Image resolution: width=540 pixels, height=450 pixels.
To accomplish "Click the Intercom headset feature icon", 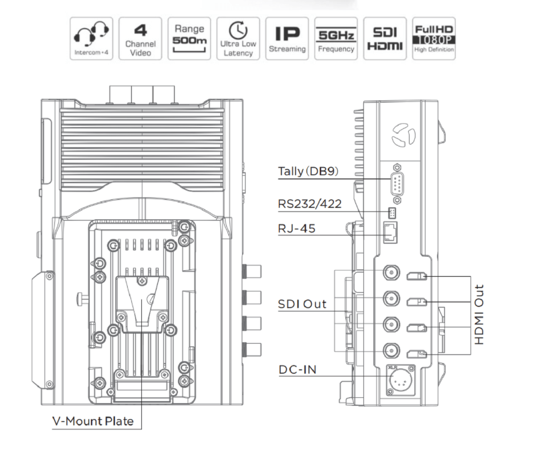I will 91,38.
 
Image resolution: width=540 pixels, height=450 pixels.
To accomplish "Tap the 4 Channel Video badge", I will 141,38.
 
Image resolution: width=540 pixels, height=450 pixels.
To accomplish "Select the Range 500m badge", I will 189,38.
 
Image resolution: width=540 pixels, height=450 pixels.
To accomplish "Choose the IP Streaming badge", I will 287,38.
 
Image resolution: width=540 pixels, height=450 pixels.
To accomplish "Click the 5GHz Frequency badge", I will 336,38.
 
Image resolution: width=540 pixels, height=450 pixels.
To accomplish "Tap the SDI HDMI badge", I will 385,38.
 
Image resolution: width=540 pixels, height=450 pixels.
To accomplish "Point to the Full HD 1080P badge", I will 434,38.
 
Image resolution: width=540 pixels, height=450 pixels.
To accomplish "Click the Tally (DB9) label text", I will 308,172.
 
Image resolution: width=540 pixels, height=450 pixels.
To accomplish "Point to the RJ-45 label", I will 295,229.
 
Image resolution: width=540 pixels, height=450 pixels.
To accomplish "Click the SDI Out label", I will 302,304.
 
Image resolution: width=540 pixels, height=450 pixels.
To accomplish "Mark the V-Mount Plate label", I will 93,422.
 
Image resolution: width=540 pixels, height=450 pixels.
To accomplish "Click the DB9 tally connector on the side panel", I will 397,183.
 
